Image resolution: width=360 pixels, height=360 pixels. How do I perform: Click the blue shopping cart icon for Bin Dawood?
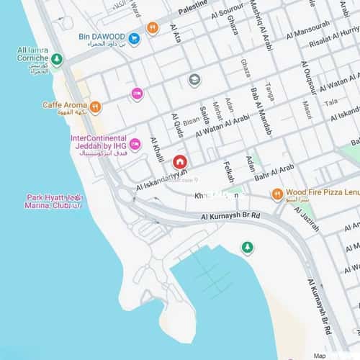point(134,37)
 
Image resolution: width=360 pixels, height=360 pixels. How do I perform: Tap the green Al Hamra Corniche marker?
point(56,60)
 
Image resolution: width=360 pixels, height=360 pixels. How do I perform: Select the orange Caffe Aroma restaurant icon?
point(95,107)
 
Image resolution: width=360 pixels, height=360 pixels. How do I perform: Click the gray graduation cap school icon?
point(194,79)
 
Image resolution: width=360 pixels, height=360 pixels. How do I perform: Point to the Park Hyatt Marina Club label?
point(55,201)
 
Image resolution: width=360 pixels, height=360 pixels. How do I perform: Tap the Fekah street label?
point(230,170)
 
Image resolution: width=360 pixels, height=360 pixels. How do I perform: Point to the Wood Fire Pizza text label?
point(322,192)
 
